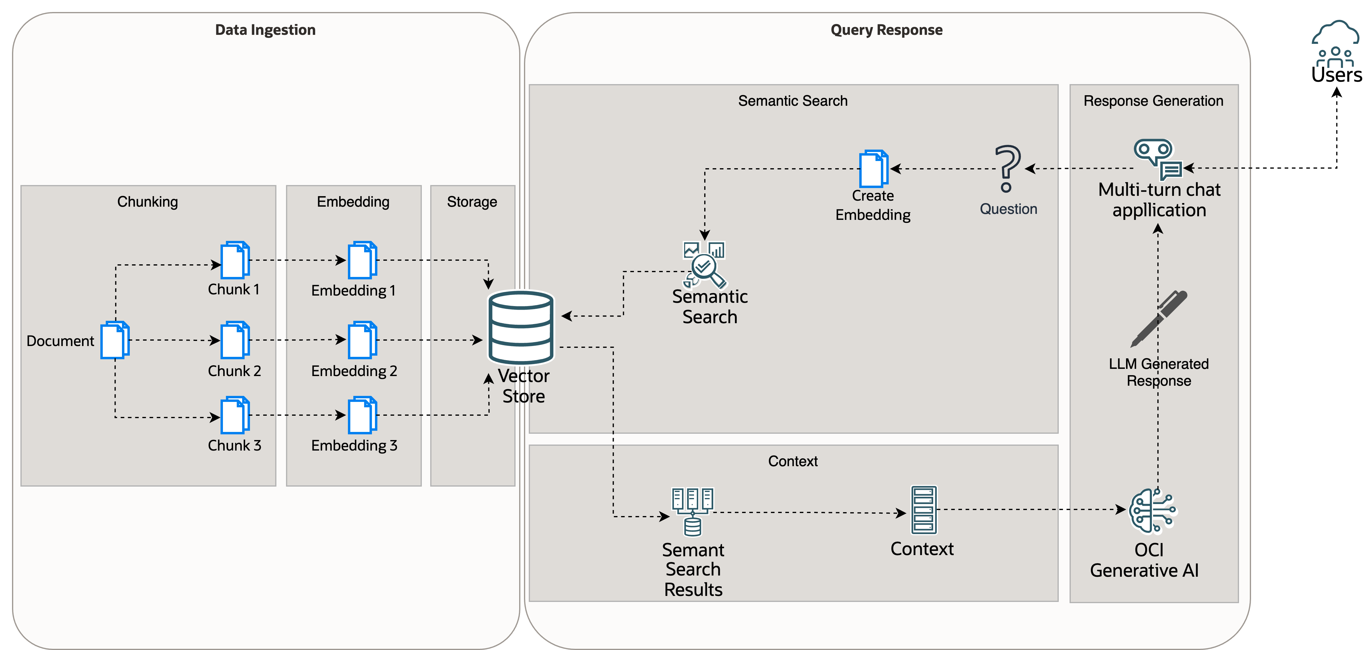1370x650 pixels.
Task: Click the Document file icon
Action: tap(115, 340)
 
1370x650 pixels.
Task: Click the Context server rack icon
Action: tap(924, 509)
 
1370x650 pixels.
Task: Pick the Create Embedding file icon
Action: tap(874, 169)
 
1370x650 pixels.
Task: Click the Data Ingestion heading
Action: tap(265, 30)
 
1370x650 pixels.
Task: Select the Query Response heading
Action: tap(887, 30)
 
